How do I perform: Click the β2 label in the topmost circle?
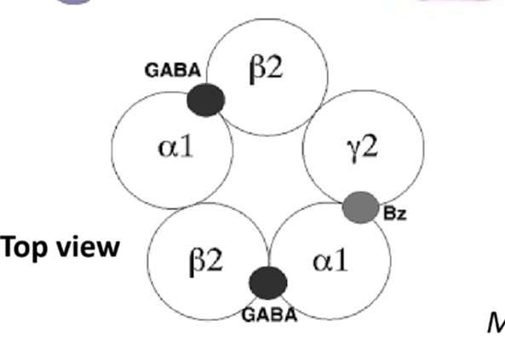pyautogui.click(x=265, y=70)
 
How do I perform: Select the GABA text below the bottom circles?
pyautogui.click(x=269, y=315)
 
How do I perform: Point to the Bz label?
pyautogui.click(x=395, y=213)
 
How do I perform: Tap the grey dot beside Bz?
pyautogui.click(x=361, y=207)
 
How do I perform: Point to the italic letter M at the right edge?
pyautogui.click(x=495, y=323)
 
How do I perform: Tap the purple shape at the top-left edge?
pyautogui.click(x=75, y=3)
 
